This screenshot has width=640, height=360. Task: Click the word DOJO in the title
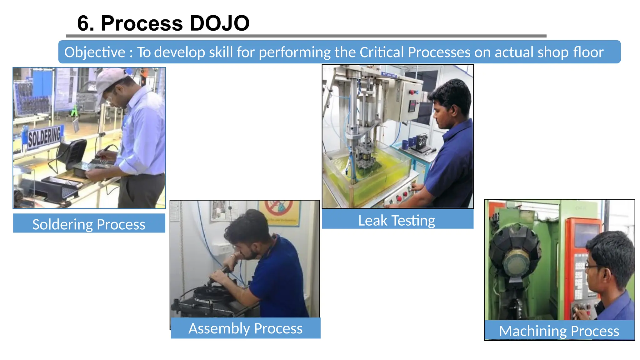pyautogui.click(x=219, y=23)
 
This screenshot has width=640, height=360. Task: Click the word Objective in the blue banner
pyautogui.click(x=95, y=52)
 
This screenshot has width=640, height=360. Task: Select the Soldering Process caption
pyautogui.click(x=89, y=224)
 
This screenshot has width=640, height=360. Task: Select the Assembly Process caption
pyautogui.click(x=246, y=328)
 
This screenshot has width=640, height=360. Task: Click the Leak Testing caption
pyautogui.click(x=397, y=220)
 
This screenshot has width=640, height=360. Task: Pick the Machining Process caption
pyautogui.click(x=559, y=331)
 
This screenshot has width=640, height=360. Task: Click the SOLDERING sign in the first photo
pyautogui.click(x=44, y=137)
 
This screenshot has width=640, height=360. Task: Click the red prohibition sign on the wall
pyautogui.click(x=278, y=208)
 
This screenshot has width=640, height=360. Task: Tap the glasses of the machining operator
pyautogui.click(x=592, y=266)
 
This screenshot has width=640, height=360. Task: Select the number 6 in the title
pyautogui.click(x=83, y=23)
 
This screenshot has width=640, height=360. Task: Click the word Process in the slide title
pyautogui.click(x=142, y=23)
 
